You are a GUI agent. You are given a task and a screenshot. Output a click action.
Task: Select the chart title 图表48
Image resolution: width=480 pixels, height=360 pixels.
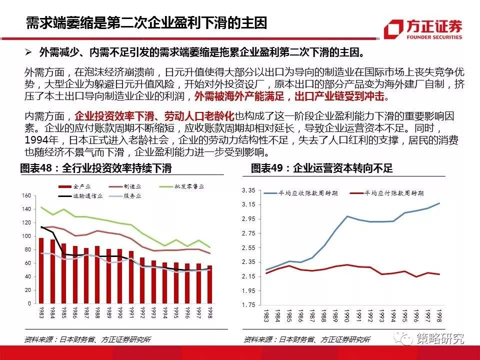click(x=98, y=168)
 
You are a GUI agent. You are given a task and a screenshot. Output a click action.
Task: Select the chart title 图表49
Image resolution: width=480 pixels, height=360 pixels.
click(x=321, y=168)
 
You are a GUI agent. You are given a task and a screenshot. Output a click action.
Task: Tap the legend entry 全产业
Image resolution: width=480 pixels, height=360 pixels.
click(x=81, y=186)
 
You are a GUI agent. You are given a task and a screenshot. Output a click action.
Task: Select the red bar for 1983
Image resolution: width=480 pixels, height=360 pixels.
click(x=41, y=270)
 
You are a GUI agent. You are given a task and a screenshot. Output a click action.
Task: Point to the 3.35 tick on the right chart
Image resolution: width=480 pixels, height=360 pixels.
click(x=248, y=190)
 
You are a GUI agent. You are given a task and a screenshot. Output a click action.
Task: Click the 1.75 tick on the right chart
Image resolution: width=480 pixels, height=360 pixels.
click(x=248, y=304)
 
